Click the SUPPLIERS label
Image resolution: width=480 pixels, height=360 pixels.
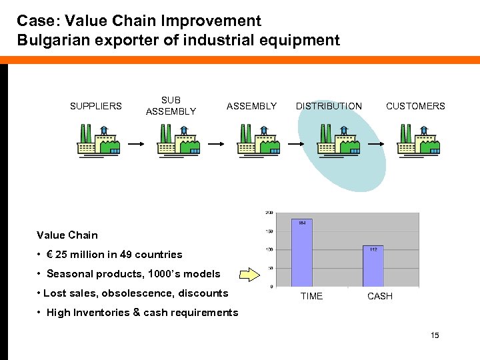[96, 106]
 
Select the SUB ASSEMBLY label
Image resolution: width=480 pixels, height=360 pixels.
[171, 106]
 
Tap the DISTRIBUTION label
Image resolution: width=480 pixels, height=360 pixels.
[329, 106]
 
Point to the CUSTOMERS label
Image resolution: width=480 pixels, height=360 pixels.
[415, 106]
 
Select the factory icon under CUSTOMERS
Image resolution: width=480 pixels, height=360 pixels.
[417, 141]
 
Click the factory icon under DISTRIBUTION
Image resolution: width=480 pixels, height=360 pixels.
[339, 141]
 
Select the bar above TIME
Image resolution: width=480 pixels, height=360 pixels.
[302, 253]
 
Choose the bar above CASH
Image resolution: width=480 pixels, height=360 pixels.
[374, 265]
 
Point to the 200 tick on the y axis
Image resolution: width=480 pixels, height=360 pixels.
[269, 213]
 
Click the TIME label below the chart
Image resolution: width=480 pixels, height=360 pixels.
[311, 296]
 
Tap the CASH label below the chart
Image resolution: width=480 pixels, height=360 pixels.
[380, 296]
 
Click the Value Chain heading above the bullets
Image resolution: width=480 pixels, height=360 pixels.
[67, 235]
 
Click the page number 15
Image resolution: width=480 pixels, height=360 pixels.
[435, 335]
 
